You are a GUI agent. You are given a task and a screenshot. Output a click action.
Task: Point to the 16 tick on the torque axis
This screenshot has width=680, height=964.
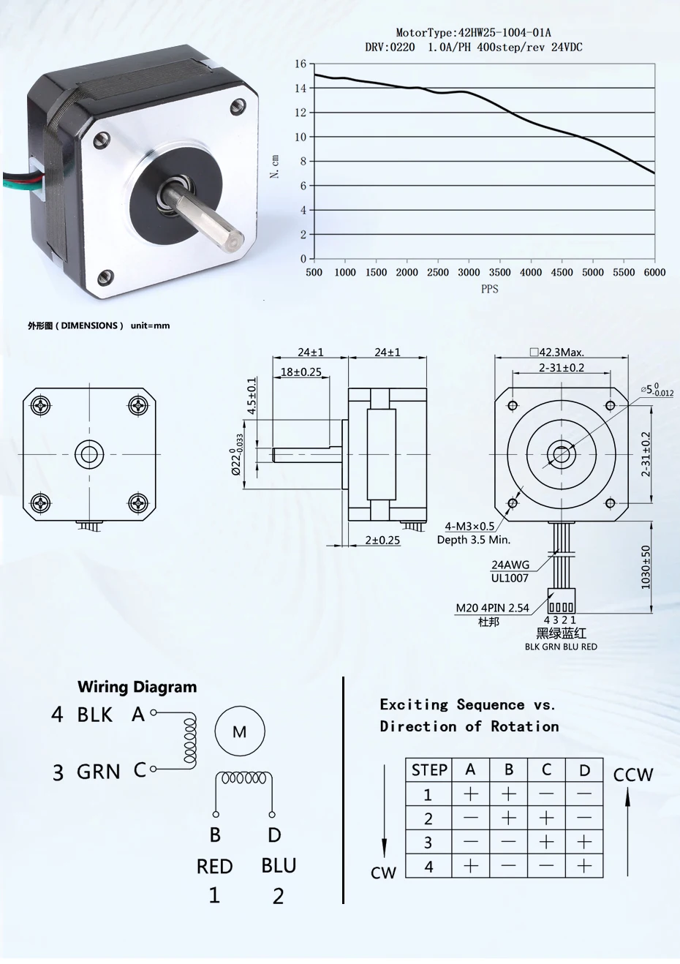point(301,64)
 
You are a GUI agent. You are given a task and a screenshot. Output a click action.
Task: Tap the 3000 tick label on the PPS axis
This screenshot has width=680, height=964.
point(469,272)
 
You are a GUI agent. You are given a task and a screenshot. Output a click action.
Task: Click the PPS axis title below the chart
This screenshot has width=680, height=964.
point(489,289)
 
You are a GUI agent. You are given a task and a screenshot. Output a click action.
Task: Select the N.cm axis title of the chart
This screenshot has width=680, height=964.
point(275,166)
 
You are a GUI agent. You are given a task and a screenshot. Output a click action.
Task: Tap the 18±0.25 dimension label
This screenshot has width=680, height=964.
point(301,372)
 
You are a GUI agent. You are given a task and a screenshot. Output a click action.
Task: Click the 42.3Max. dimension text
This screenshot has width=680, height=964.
point(561,352)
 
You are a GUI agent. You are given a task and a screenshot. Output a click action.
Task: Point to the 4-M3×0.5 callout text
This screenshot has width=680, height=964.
point(469,526)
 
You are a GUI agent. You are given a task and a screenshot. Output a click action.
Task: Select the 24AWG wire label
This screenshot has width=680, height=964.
point(510,565)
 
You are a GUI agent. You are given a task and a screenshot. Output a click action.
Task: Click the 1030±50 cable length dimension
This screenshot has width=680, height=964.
point(646,567)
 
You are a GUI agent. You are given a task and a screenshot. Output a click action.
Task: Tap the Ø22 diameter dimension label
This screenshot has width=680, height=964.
point(237,454)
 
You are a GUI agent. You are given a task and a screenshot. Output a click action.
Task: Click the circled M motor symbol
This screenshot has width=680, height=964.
point(239,731)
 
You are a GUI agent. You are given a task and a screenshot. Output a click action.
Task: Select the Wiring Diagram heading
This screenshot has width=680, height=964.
point(137,687)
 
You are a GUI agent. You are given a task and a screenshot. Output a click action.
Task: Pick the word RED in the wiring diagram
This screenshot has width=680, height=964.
point(214,866)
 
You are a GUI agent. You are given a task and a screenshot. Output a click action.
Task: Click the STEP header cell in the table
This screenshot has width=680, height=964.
point(429,770)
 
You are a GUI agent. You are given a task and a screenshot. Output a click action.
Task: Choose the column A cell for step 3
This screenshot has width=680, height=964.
point(471,842)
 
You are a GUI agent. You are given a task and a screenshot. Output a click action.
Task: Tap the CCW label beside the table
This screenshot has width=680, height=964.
point(632,775)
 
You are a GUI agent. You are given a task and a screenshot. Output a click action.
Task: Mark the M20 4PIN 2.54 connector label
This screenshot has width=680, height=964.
point(492,608)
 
